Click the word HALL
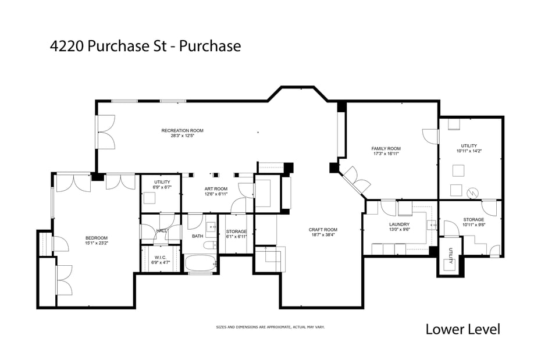[x=162, y=231]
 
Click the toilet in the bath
[x=209, y=245]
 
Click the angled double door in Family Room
[x=356, y=180]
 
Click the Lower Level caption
[x=462, y=329]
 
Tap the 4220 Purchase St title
[x=145, y=47]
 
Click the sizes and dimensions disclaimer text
[x=270, y=327]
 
